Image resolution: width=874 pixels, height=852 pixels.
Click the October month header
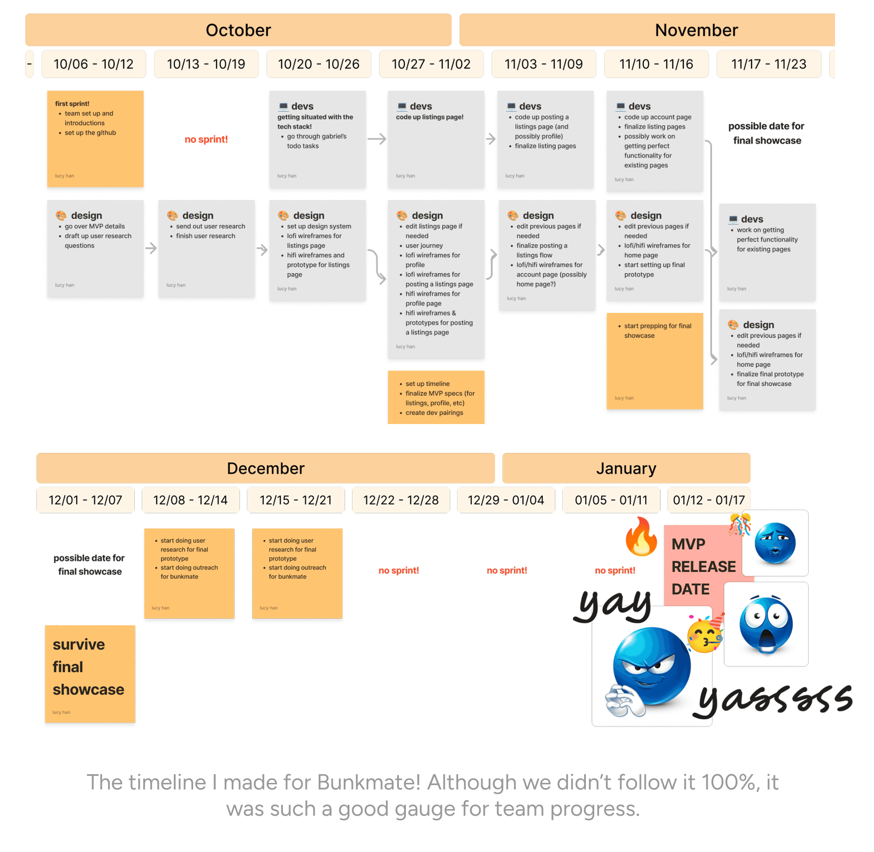coord(238,30)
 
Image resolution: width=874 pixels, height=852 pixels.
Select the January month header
coord(626,469)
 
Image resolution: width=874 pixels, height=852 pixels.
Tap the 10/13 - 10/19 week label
coord(206,64)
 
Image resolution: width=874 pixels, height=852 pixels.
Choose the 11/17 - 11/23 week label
coord(769,64)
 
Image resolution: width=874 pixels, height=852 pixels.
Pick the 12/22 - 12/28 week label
coord(401,500)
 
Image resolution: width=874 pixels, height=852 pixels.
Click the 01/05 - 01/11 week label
coord(611,500)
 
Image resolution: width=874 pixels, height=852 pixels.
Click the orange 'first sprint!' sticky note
coord(95,139)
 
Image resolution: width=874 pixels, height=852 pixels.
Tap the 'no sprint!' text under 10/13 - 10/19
coord(206,140)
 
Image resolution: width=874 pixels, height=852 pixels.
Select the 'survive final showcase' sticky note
coord(90,673)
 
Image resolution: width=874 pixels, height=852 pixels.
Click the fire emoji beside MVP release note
coord(641,537)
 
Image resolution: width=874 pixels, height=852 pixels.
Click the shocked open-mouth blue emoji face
coord(766,624)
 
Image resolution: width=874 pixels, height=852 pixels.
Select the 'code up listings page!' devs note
coord(436,139)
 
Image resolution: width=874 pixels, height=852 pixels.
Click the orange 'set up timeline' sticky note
coord(436,397)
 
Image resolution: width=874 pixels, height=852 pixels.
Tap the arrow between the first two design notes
coord(151,249)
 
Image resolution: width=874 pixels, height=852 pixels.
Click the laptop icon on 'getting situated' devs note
coord(283,106)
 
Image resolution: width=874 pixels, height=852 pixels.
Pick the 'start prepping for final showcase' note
coord(655,361)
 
